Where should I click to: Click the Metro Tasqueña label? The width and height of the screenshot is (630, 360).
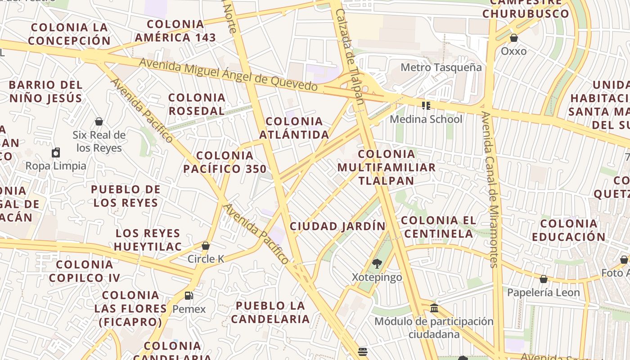click(441, 67)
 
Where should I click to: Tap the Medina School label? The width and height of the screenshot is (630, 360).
click(426, 119)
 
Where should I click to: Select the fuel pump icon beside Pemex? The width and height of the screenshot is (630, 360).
click(189, 296)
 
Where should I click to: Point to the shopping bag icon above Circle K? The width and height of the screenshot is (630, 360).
click(206, 246)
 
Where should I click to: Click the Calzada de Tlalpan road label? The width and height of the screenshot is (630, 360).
click(350, 56)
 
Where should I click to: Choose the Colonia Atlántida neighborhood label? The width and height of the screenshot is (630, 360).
click(294, 128)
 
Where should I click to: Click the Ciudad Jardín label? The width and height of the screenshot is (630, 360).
click(337, 226)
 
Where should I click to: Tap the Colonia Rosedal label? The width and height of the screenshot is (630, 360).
click(197, 104)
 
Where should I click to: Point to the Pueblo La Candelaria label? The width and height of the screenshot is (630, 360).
click(270, 312)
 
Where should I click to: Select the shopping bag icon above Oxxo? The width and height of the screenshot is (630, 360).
click(513, 38)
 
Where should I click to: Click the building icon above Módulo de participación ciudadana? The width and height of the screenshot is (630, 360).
click(434, 308)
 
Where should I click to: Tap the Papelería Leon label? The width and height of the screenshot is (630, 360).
click(543, 292)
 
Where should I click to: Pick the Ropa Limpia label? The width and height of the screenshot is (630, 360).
click(56, 166)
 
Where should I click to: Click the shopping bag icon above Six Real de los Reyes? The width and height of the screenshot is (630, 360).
click(99, 121)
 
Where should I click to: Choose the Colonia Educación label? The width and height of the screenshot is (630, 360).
click(568, 230)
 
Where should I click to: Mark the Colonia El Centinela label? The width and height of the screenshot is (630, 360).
click(438, 227)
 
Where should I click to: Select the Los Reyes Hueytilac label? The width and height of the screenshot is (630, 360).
click(148, 240)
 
